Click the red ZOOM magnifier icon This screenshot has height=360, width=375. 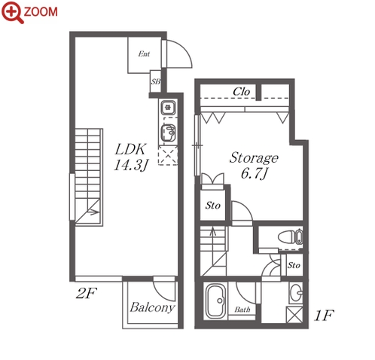[12, 12]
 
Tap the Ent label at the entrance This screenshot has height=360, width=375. [144, 53]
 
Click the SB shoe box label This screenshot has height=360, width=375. [155, 81]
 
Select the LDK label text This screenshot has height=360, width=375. [130, 149]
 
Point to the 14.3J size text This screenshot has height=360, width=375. [131, 165]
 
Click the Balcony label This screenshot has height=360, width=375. [152, 307]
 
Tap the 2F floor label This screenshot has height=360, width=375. [87, 293]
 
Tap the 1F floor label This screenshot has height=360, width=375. [324, 316]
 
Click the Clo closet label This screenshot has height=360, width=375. [241, 92]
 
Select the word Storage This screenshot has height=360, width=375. [254, 158]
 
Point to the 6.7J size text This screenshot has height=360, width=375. [255, 173]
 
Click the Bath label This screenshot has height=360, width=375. [242, 310]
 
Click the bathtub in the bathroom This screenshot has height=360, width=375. [216, 301]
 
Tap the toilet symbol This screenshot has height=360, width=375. [290, 236]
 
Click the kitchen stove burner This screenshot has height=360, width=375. [168, 108]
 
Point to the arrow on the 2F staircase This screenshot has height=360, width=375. [93, 212]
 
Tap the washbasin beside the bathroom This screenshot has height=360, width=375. [296, 293]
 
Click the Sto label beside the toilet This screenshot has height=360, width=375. [294, 265]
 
